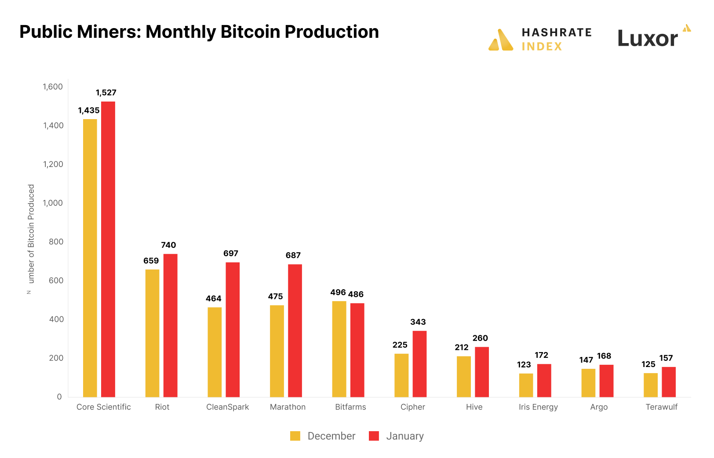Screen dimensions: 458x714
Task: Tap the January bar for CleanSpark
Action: pyautogui.click(x=233, y=330)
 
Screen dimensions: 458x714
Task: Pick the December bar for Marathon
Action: pyautogui.click(x=277, y=351)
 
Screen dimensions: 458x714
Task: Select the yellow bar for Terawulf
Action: pyautogui.click(x=651, y=385)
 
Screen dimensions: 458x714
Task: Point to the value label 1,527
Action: pyautogui.click(x=106, y=93)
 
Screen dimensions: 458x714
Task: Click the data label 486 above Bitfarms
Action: pyautogui.click(x=356, y=294)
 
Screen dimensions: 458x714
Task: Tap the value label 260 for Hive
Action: pyautogui.click(x=480, y=338)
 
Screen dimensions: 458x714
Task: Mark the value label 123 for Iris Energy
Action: pyautogui.click(x=524, y=365)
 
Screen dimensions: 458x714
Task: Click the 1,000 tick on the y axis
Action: pyautogui.click(x=53, y=203)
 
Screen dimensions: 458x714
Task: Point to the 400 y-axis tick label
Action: pyautogui.click(x=56, y=320)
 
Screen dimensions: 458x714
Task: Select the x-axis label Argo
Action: pyautogui.click(x=599, y=407)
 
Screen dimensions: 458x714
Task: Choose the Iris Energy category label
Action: pyautogui.click(x=538, y=407)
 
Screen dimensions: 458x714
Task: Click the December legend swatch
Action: pyautogui.click(x=295, y=436)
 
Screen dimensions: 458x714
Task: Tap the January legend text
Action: pyautogui.click(x=405, y=436)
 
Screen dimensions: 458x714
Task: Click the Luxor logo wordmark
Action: pyautogui.click(x=648, y=39)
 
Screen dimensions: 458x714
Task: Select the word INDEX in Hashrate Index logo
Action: pyautogui.click(x=542, y=47)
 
